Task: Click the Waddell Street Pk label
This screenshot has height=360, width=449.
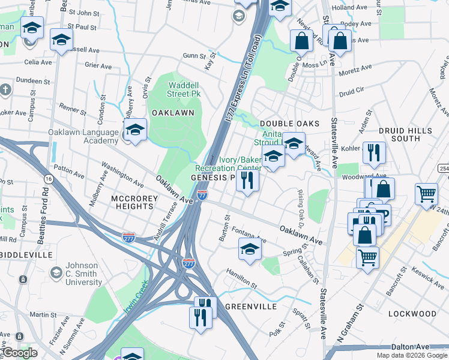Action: pos(183,89)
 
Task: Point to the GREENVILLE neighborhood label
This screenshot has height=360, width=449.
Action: pos(251,306)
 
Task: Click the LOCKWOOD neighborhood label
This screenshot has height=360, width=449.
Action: pos(412,314)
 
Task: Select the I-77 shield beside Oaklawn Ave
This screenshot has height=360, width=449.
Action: pos(202,195)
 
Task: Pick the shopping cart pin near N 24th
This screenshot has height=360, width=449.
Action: pos(426,193)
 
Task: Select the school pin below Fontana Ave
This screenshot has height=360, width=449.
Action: pos(250,249)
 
